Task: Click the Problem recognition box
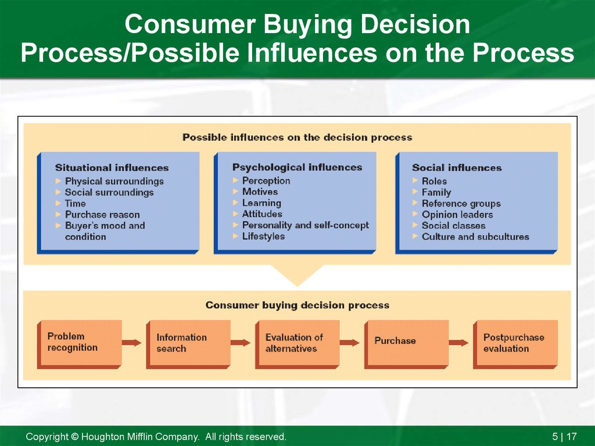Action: pos(79,344)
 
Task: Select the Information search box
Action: pos(189,344)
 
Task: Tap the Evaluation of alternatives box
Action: pos(297,344)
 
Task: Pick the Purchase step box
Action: pos(406,344)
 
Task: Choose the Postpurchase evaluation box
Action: pos(515,344)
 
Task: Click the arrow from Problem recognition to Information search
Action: pos(131,342)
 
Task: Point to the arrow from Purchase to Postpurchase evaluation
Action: pos(458,342)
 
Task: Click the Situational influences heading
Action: pos(112,167)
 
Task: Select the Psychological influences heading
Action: pos(297,167)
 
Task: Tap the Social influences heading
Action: pos(457,167)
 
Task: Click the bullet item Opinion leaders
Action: pos(457,215)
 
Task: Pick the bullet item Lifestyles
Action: pos(263,236)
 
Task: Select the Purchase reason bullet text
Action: pos(102,215)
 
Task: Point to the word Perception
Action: pos(266,181)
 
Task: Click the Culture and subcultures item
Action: pos(475,237)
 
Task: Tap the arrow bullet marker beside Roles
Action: pos(415,180)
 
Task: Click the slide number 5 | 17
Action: pos(564,437)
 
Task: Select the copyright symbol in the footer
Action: pos(75,437)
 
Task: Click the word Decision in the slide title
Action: pos(415,24)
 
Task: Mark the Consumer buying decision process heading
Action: pos(297,305)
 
